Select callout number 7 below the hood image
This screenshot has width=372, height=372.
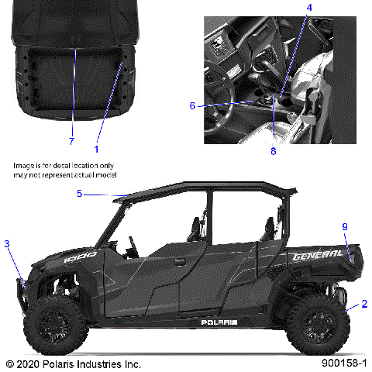tap(71, 141)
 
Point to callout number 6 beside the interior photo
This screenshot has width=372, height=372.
tap(193, 106)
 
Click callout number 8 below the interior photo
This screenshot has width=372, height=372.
tap(273, 152)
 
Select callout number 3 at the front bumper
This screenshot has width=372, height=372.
tap(7, 244)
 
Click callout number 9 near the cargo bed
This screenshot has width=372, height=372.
tap(346, 226)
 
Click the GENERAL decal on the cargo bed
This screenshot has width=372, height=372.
tap(317, 253)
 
